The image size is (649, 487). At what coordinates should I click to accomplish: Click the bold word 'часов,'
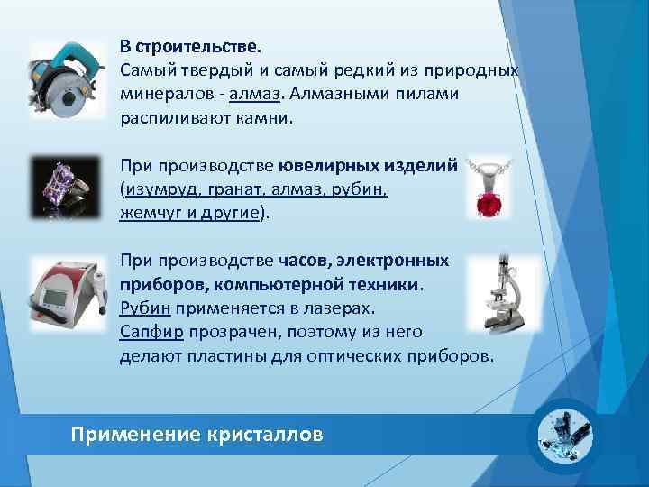point(304,261)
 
